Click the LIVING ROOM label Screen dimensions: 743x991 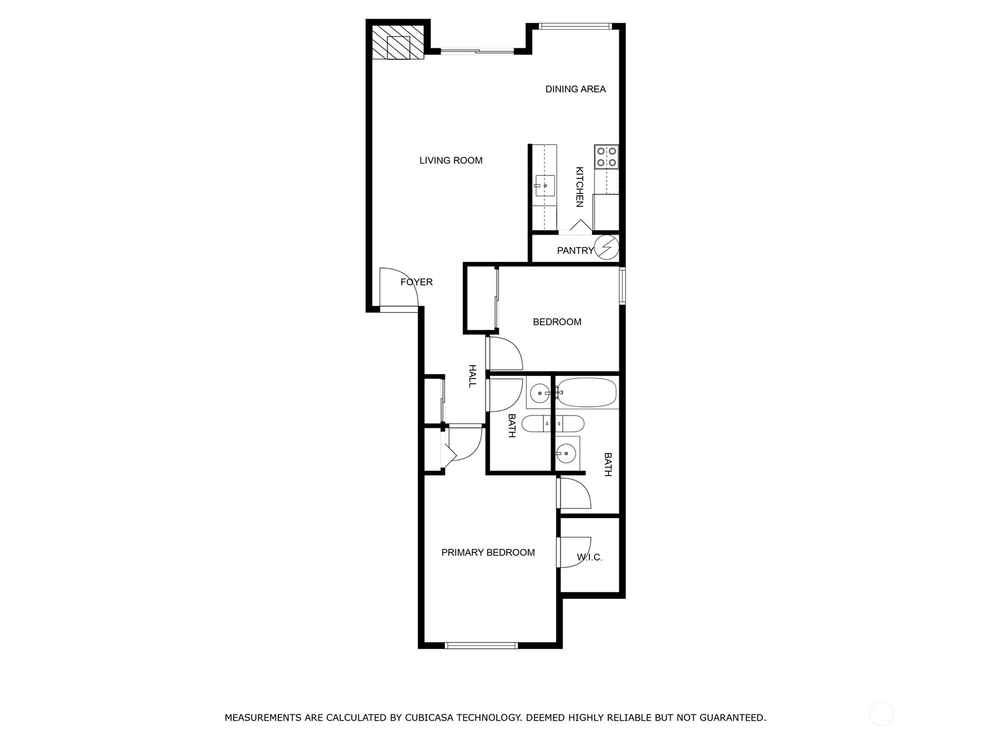(x=450, y=160)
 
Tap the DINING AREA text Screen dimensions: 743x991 (x=575, y=89)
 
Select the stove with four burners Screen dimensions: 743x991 (x=606, y=157)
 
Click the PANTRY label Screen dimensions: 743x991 (x=574, y=251)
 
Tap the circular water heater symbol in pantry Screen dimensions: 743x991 (x=606, y=247)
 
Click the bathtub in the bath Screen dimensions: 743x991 (x=586, y=393)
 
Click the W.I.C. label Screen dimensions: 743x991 (x=589, y=557)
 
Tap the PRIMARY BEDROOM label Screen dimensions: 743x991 (x=487, y=552)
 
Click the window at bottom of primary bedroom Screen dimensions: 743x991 (x=481, y=646)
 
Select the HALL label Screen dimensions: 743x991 (x=472, y=376)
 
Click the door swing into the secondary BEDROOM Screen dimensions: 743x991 (x=504, y=354)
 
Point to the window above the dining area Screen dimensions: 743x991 (x=574, y=26)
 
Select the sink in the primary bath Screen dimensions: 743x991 (x=567, y=453)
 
